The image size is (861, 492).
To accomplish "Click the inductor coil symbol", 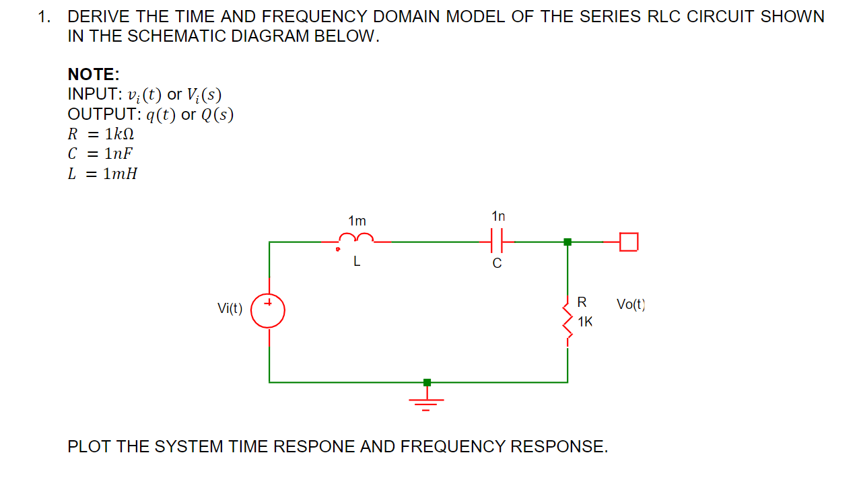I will (x=356, y=238).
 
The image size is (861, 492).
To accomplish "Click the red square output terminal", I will (x=628, y=241).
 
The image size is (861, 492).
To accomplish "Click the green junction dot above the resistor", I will (x=567, y=242).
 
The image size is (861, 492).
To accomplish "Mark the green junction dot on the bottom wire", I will (x=427, y=382).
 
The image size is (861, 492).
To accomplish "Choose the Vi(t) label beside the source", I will (x=230, y=308).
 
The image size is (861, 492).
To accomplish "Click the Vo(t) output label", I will (x=631, y=304).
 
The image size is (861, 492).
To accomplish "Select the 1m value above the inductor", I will (x=357, y=221).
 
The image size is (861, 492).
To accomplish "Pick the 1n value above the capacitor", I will (x=498, y=216).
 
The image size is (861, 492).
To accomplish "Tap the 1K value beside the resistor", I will (x=585, y=322).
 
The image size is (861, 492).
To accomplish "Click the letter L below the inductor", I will (x=357, y=263).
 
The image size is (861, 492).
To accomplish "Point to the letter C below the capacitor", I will (x=497, y=264).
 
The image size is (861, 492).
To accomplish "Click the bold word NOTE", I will (x=93, y=74).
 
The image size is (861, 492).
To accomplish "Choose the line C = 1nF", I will (x=100, y=153).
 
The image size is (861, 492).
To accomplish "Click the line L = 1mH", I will (x=102, y=174).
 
